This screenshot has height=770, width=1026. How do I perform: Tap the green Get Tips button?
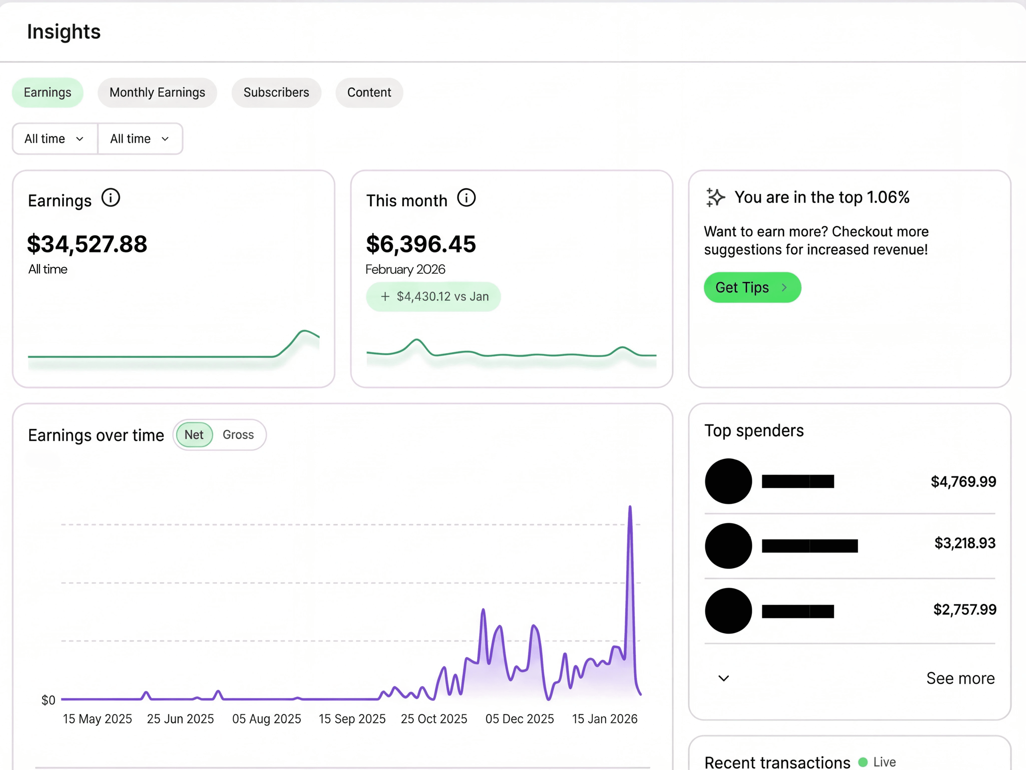click(752, 287)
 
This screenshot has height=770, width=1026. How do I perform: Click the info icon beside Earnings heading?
click(111, 198)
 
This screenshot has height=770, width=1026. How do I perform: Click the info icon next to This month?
click(466, 198)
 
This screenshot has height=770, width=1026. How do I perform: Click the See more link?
click(960, 678)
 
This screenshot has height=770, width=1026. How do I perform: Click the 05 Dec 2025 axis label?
click(519, 719)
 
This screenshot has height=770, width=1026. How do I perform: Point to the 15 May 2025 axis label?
click(98, 719)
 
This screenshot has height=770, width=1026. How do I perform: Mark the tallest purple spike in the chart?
click(630, 508)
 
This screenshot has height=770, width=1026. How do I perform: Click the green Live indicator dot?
click(863, 762)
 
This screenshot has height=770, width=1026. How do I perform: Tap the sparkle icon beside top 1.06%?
click(715, 198)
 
